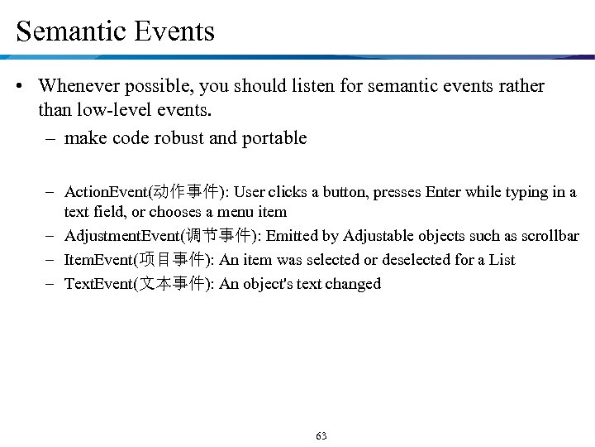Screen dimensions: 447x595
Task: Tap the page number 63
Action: tap(321, 435)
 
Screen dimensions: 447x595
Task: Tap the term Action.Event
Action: tap(105, 192)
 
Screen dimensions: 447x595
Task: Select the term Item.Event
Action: tap(99, 260)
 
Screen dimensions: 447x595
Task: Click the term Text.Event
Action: tap(98, 284)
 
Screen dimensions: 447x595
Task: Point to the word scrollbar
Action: tap(549, 236)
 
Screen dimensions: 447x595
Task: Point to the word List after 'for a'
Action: tap(502, 260)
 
